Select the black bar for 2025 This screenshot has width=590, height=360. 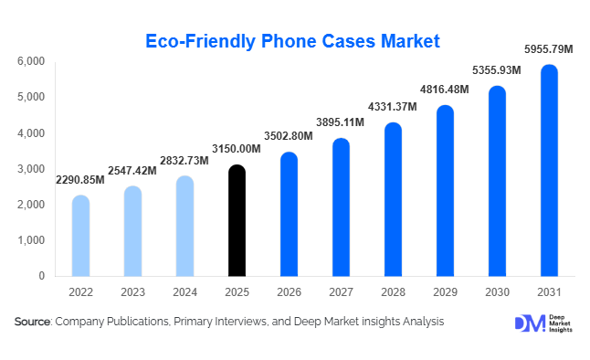tap(237, 221)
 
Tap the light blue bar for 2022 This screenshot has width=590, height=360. tap(80, 236)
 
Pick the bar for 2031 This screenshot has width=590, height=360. tap(549, 171)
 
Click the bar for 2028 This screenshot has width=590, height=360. tap(393, 200)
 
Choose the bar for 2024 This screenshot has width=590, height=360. tap(184, 227)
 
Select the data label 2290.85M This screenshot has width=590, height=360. tap(79, 180)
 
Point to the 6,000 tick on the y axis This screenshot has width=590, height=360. tap(31, 61)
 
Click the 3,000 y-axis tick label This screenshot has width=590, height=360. tap(31, 169)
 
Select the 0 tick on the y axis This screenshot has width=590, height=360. tap(42, 276)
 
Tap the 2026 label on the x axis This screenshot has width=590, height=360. tap(289, 291)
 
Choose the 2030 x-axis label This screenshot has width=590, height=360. tap(497, 291)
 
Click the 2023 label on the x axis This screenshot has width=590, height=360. tap(132, 291)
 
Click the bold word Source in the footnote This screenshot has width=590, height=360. tap(33, 322)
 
